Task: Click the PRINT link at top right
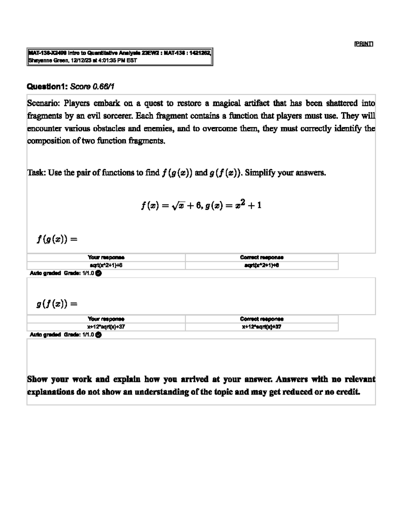[x=363, y=44]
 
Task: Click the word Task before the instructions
[x=37, y=173]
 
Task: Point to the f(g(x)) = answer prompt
[x=57, y=239]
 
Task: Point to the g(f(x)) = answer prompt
[x=57, y=304]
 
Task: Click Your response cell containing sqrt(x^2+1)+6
[x=106, y=265]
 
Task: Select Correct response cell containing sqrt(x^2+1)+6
[x=262, y=265]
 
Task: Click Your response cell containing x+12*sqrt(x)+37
[x=106, y=327]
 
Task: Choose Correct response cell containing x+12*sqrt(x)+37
[x=262, y=327]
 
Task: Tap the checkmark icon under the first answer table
[x=98, y=273]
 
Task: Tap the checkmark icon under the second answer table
[x=98, y=335]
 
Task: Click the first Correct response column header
[x=262, y=257]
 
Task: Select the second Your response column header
[x=106, y=319]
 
